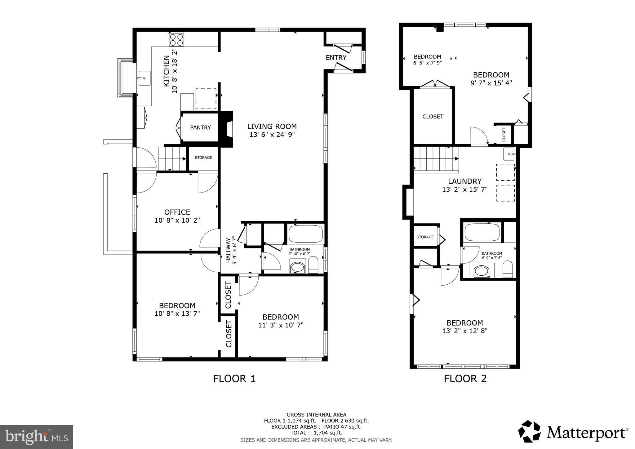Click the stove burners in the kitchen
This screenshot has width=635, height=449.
(x=176, y=40)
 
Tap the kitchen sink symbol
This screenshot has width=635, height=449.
(x=144, y=78)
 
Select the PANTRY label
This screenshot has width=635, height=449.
(x=200, y=127)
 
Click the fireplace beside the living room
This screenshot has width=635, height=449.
(x=227, y=129)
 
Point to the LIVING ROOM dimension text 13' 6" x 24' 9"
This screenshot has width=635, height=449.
(x=272, y=135)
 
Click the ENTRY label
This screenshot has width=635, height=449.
(x=336, y=58)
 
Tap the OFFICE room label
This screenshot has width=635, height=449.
(x=177, y=212)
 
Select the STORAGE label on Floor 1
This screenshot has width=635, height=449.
(x=203, y=158)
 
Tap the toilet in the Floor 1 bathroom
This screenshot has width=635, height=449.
(x=313, y=265)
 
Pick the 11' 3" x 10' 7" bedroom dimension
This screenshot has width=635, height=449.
(x=281, y=325)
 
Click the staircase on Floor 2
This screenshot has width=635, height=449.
(x=436, y=158)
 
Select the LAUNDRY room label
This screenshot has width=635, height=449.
(x=465, y=181)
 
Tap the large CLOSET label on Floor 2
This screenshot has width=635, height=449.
(x=433, y=117)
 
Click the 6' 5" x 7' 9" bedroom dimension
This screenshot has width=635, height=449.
(x=427, y=63)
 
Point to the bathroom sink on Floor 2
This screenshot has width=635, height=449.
(x=481, y=271)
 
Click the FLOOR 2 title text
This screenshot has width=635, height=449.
(x=465, y=379)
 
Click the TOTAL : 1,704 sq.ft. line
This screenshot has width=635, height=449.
(x=316, y=433)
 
